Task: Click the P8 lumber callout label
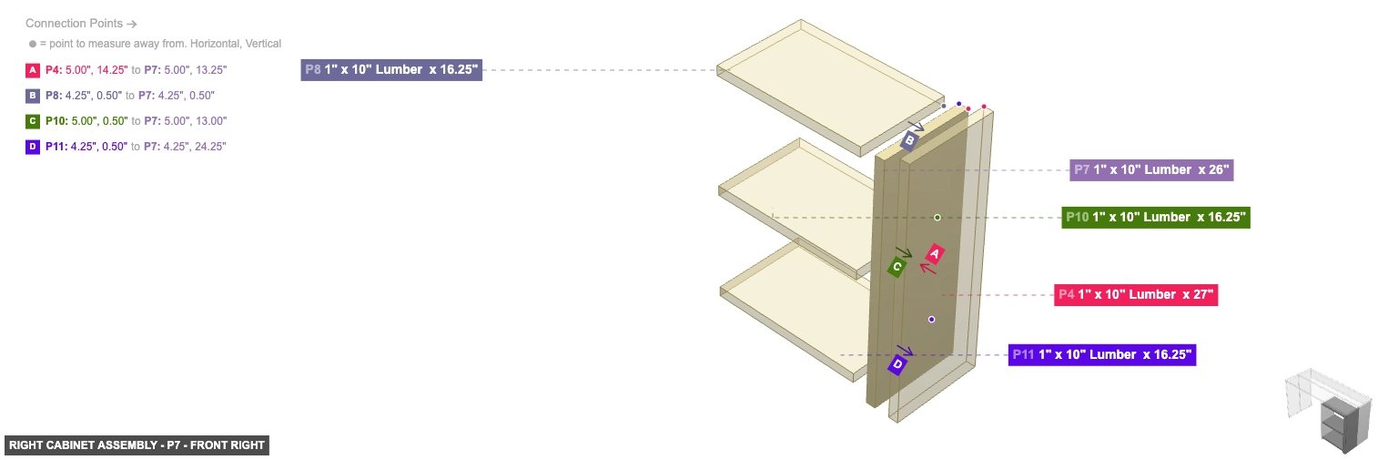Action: (391, 70)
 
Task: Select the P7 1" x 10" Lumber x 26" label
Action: (1151, 169)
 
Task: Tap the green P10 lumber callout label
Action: (1155, 218)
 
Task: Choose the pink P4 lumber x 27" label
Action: (1136, 294)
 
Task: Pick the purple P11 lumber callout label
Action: (1101, 354)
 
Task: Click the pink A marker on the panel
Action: (935, 254)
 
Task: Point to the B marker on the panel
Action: (909, 140)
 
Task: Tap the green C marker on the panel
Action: (897, 267)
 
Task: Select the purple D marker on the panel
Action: (897, 365)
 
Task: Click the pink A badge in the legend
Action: (33, 70)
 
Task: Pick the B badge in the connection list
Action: (33, 96)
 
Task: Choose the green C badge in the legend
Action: (33, 121)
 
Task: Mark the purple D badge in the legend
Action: (33, 147)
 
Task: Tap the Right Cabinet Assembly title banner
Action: (137, 445)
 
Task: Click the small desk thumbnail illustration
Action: (1328, 410)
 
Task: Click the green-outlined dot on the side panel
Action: (937, 218)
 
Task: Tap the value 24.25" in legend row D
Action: (210, 147)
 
